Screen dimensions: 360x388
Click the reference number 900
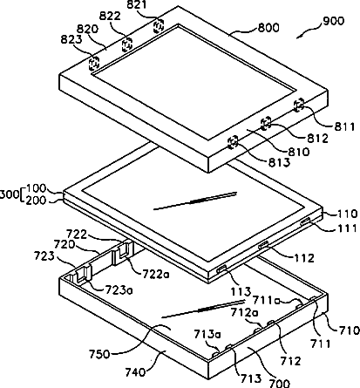(x=333, y=21)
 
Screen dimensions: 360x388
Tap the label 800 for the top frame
(x=268, y=28)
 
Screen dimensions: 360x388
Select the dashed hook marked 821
(x=159, y=25)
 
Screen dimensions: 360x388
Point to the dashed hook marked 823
(x=94, y=63)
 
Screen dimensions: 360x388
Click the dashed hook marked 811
(x=299, y=105)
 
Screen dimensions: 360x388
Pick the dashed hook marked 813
(x=233, y=142)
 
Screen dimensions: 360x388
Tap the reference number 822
(x=110, y=17)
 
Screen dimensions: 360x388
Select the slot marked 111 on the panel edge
(x=305, y=222)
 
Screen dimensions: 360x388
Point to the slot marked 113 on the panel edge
(x=222, y=269)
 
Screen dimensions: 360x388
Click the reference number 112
(x=303, y=257)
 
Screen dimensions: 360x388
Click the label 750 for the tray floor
(x=99, y=354)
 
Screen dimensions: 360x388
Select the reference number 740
(x=135, y=371)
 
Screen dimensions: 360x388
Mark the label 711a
(x=266, y=300)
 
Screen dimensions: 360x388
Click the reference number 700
(x=279, y=383)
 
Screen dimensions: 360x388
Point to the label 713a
(x=207, y=334)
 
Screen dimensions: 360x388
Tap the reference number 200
(x=36, y=201)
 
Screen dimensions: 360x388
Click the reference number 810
(x=299, y=152)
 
